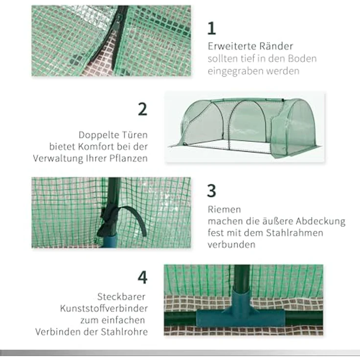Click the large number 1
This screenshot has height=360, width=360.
pos(211,28)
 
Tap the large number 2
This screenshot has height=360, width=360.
pos(142,109)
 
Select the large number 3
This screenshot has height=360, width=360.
pos(211,191)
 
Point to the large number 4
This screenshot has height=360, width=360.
pos(142,277)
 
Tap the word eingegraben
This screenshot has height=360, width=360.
pos(237,71)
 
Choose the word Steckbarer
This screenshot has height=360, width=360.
pos(121,297)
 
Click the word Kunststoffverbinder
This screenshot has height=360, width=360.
pos(104,309)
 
